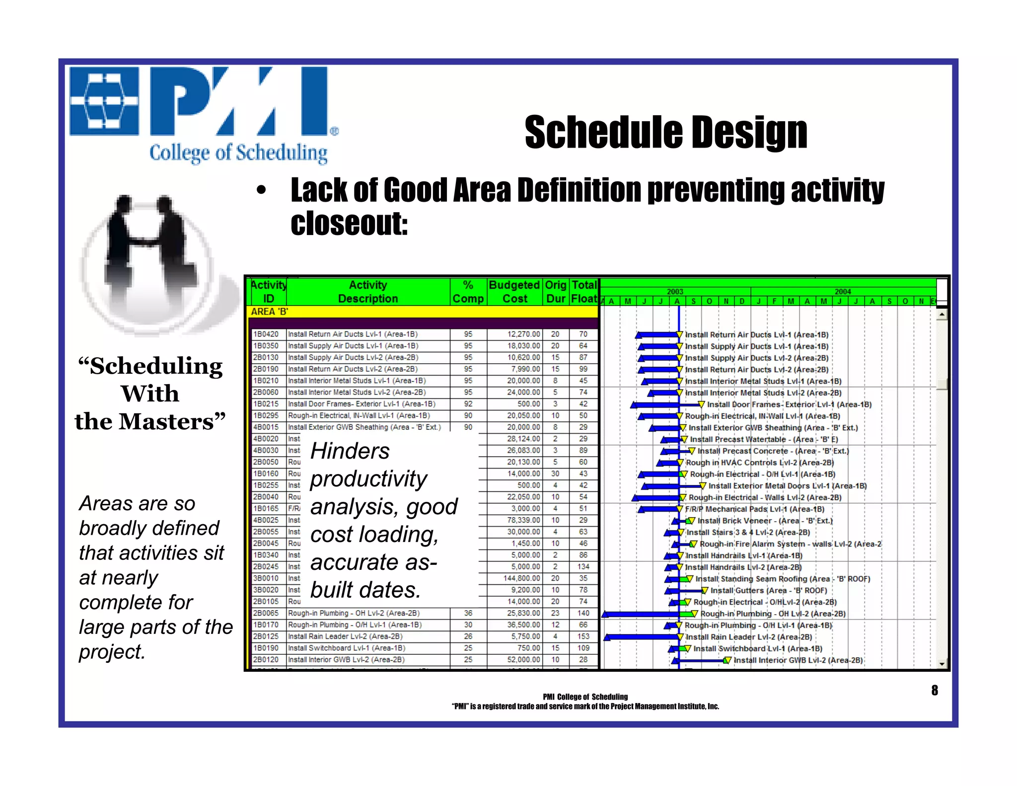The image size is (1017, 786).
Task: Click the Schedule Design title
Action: coord(665,133)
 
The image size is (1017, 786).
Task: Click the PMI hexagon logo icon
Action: coord(104,101)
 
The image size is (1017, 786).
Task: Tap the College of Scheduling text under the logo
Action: coord(238,153)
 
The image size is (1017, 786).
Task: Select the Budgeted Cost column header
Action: coord(514,292)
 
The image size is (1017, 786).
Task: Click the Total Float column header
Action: coord(584,292)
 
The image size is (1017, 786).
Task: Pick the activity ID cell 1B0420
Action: coord(266,334)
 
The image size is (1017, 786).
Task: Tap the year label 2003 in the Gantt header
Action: coord(675,292)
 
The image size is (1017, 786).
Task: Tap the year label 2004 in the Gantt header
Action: coord(842,292)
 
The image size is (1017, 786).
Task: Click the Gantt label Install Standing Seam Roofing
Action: coord(782,579)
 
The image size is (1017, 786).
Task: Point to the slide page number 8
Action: coord(934,690)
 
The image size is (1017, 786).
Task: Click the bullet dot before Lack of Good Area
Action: coord(262,190)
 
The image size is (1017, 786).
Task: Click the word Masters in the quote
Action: coord(166,421)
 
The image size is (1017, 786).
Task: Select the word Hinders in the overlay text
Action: coord(350,451)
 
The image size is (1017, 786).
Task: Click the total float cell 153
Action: coord(583,636)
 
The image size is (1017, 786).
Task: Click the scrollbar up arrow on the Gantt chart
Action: coord(942,314)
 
